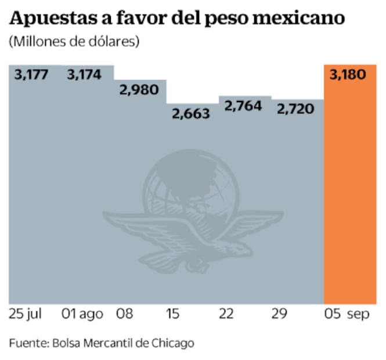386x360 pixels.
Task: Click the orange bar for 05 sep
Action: pyautogui.click(x=350, y=192)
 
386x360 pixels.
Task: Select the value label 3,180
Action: pyautogui.click(x=350, y=75)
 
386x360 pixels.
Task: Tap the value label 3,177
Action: pyautogui.click(x=31, y=75)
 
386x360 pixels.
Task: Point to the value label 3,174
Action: pyautogui.click(x=84, y=75)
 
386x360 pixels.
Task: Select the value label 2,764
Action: pyautogui.click(x=243, y=106)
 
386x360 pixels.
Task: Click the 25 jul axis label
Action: pyautogui.click(x=26, y=315)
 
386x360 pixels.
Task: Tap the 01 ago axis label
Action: pyautogui.click(x=82, y=315)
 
